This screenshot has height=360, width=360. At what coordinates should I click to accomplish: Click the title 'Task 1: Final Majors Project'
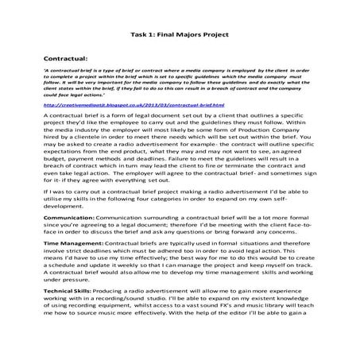pyautogui.click(x=179, y=34)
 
